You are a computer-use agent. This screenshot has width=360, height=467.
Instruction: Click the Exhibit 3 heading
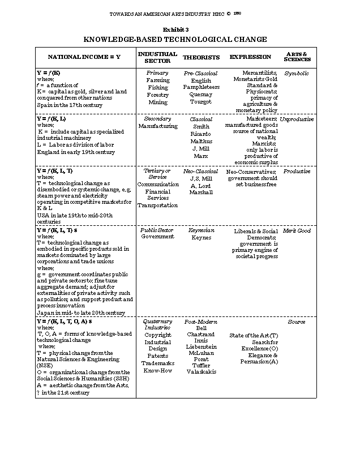[175, 29]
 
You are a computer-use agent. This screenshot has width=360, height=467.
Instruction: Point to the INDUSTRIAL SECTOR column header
[157, 57]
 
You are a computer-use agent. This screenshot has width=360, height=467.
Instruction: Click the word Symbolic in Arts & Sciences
[297, 73]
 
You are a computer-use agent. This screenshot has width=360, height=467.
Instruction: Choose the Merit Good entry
[297, 230]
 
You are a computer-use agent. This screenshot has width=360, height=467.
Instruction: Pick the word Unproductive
[297, 119]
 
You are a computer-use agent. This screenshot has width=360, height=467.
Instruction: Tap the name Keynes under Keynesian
[201, 238]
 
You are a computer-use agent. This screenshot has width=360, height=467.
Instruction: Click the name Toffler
[198, 365]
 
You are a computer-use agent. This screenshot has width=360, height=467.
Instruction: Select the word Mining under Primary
[157, 102]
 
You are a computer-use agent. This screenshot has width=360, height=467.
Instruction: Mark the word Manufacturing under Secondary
[157, 127]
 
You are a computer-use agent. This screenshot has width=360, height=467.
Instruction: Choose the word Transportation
[157, 205]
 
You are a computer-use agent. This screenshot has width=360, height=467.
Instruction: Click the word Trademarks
[157, 363]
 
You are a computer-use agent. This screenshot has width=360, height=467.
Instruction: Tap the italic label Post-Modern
[198, 322]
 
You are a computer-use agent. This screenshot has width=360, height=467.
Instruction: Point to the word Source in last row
[297, 322]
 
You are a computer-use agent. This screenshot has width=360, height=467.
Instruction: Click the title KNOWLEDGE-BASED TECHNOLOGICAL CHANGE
[175, 39]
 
